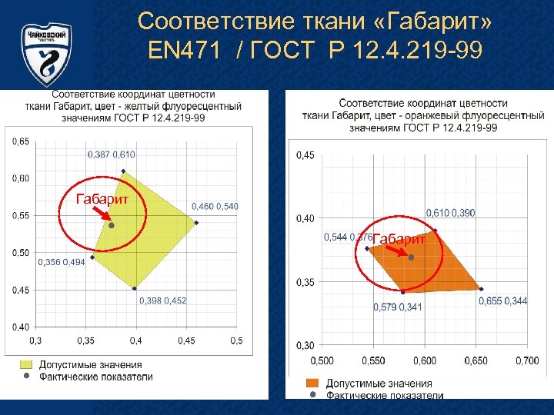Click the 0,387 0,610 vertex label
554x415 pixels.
tap(112, 154)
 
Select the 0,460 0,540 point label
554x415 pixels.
tap(215, 206)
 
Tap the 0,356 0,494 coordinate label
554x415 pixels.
tap(62, 262)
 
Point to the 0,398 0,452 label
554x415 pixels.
tap(162, 300)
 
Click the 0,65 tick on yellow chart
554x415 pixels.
tap(21, 141)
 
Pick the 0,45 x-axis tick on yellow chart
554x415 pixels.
tap(185, 340)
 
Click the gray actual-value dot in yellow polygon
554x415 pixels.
tap(112, 226)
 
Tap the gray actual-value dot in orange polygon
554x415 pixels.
tap(411, 258)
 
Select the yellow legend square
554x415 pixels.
tap(26, 364)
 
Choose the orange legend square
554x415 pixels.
tap(312, 383)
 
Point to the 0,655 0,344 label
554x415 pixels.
tap(503, 301)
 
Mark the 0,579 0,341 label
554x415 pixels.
tap(397, 307)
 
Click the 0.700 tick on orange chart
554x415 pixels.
tap(526, 360)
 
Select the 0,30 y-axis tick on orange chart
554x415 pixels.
tap(305, 346)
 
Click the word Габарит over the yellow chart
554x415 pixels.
tap(101, 199)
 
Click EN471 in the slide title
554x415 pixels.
tap(187, 51)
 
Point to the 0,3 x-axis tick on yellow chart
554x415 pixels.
tap(35, 340)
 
